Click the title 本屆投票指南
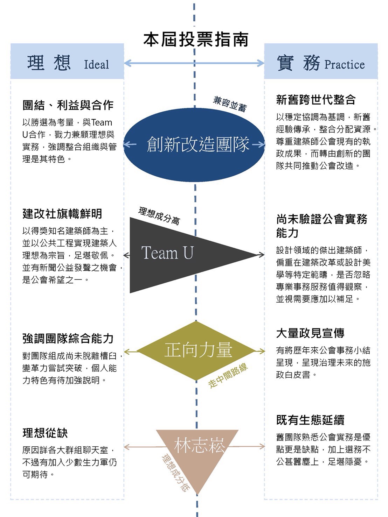pos(195,40)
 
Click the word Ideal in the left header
pos(96,65)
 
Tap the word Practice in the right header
pos(344,65)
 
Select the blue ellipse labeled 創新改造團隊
pos(195,144)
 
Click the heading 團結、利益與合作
pos(68,105)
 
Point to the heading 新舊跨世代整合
pos(316,100)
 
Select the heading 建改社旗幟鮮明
pos(62,213)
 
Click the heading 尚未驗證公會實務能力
pos(321,226)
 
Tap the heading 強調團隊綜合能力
pos(68,338)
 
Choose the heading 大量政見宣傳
pos(310,333)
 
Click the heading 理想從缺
pos(45,433)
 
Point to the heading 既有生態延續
pos(310,419)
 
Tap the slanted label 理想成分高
pos(159,215)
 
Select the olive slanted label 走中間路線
pos(228,375)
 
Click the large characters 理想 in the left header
pos(49,63)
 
